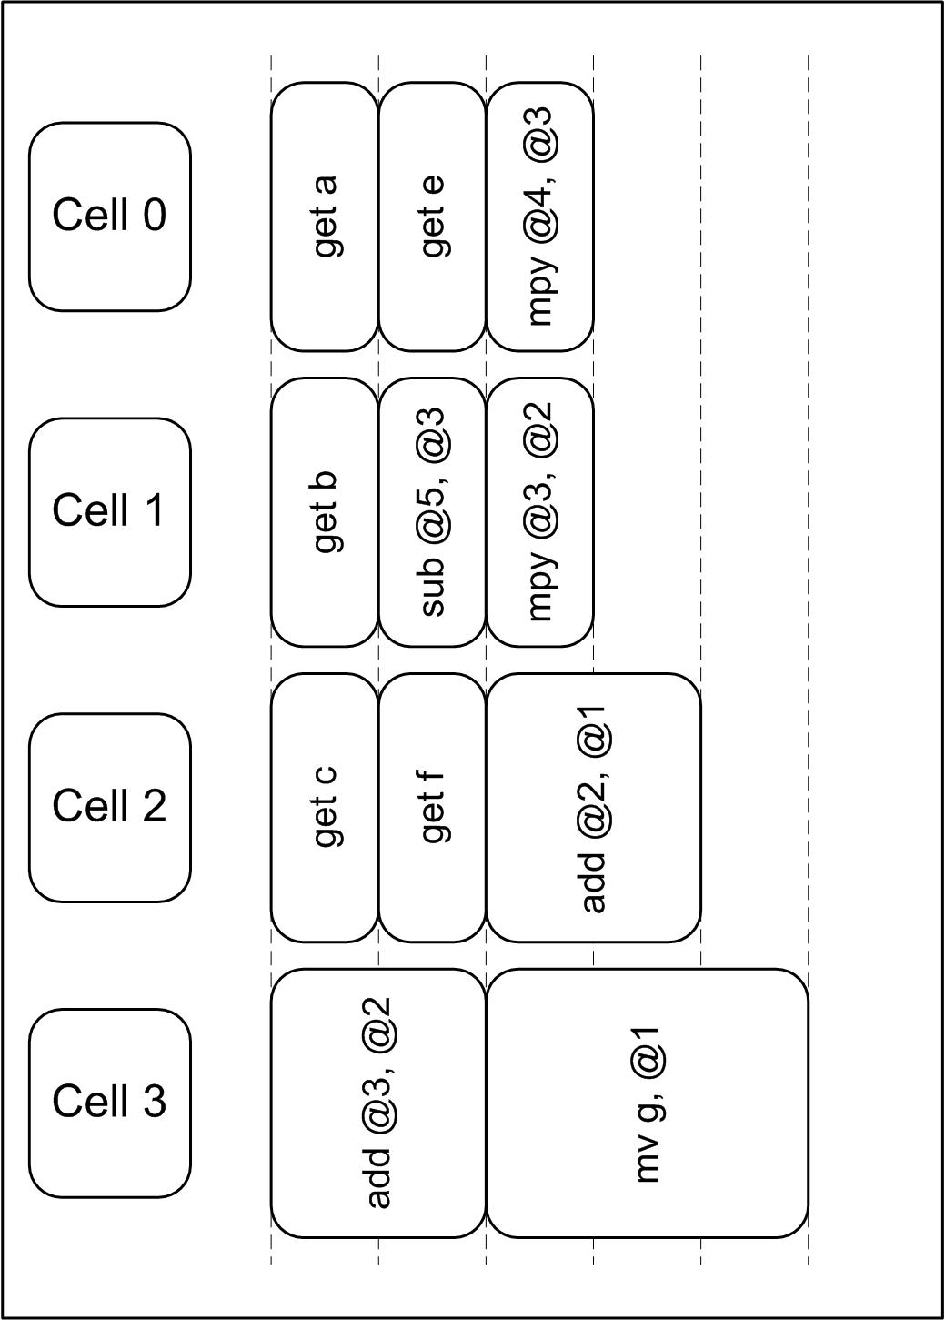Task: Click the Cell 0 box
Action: coord(109,217)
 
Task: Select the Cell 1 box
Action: coord(109,512)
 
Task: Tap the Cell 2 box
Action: coord(109,808)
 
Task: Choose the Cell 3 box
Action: coord(109,1103)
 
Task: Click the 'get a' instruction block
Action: coord(324,217)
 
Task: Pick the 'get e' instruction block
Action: coord(432,217)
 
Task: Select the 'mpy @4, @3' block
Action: coord(539,217)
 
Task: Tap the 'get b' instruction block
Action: coord(324,512)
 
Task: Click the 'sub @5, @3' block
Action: coord(432,512)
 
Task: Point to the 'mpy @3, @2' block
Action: coord(539,512)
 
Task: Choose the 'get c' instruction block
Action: coord(324,808)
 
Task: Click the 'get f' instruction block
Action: coord(432,808)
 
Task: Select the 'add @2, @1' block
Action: coord(594,808)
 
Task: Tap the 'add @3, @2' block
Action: coord(378,1103)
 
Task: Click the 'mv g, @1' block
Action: coord(648,1103)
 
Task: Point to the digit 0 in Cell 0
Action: coord(155,215)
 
